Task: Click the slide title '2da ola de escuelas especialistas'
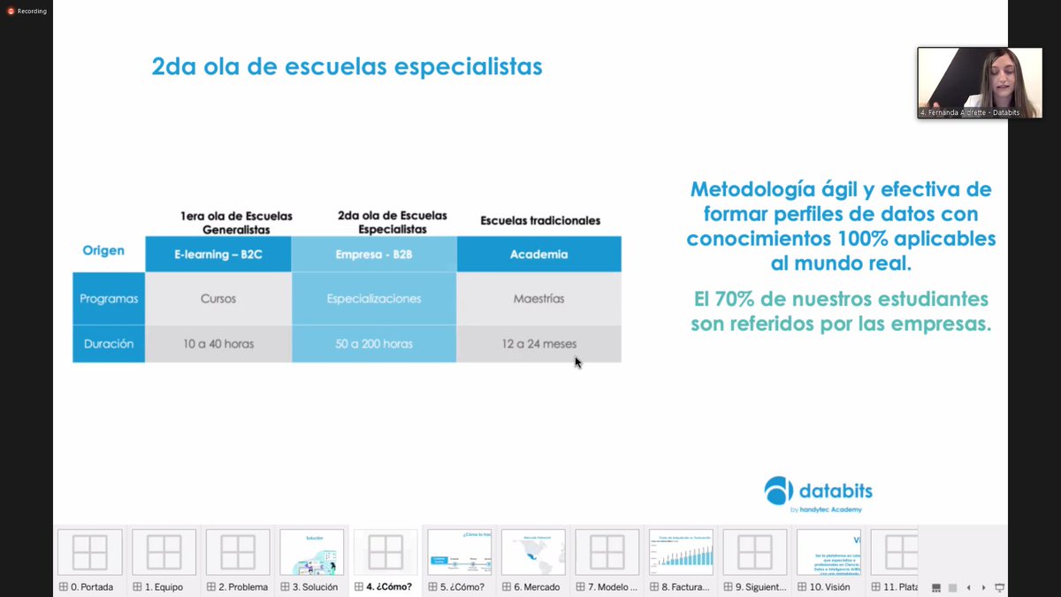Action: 347,67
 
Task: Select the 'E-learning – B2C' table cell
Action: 218,255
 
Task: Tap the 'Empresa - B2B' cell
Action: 374,255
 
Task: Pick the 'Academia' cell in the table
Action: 538,255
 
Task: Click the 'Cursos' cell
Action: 218,299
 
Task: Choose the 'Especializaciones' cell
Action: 374,299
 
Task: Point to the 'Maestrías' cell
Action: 538,299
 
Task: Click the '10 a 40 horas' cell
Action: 218,344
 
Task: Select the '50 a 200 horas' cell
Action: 374,344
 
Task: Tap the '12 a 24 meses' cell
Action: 538,344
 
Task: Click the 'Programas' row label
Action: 109,299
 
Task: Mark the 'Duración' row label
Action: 109,344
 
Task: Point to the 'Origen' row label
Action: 103,250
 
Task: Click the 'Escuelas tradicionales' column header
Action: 539,220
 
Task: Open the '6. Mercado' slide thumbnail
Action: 532,553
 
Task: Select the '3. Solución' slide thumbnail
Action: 311,553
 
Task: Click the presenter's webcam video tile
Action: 979,82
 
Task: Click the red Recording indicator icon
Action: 11,11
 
